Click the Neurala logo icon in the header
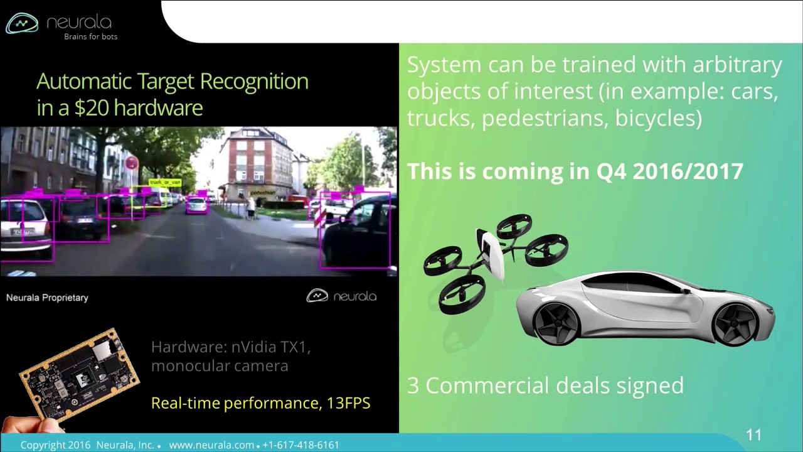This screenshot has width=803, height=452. [22, 23]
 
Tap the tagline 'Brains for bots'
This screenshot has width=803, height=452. [90, 36]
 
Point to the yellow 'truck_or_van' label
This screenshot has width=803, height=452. [165, 182]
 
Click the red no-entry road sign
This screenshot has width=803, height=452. [131, 163]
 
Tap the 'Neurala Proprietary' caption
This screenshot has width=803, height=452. [47, 298]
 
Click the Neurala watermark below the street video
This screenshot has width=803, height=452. [341, 296]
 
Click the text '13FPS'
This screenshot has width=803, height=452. [348, 403]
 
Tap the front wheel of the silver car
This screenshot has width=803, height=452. [556, 321]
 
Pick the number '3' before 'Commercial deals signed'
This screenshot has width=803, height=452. [413, 385]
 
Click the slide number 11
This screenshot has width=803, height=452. [753, 435]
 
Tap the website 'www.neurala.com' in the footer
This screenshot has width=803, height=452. [211, 445]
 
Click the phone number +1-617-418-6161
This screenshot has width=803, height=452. [300, 445]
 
